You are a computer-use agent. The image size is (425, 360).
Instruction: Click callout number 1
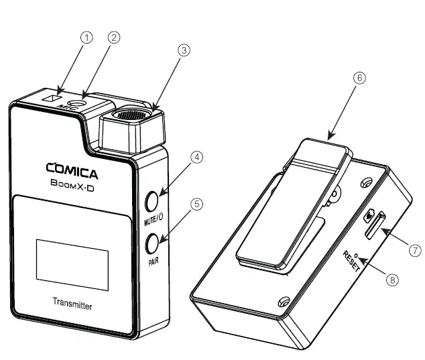pyautogui.click(x=86, y=38)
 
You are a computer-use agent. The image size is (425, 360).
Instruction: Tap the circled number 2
pyautogui.click(x=115, y=38)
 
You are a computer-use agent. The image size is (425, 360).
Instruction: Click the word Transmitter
pyautogui.click(x=72, y=306)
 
